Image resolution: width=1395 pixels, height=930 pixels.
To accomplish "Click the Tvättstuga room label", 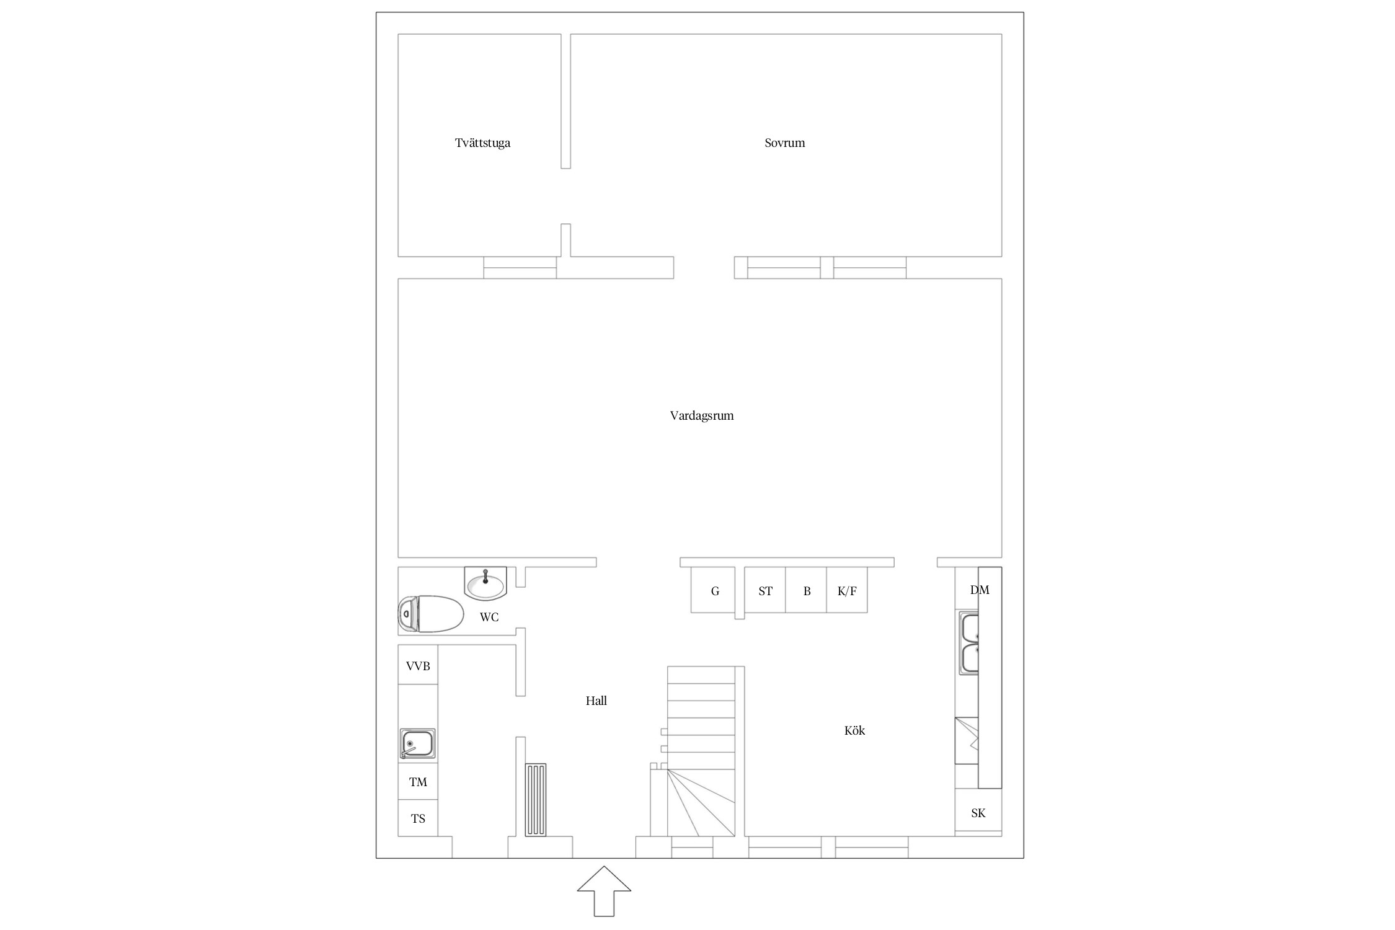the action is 482,143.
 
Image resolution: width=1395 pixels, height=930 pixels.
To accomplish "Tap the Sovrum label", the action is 784,143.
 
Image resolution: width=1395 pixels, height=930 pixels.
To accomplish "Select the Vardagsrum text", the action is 702,416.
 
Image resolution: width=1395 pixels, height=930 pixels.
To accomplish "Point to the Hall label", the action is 596,701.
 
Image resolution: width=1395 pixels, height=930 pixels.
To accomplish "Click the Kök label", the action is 854,730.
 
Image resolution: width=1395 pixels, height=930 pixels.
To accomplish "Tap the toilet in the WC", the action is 431,614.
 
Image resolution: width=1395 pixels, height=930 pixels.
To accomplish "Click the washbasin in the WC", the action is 485,583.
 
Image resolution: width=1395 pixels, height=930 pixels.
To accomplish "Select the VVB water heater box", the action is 418,665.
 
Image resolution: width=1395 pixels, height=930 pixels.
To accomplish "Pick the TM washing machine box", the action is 418,781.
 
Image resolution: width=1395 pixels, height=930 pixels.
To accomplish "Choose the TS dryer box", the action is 418,818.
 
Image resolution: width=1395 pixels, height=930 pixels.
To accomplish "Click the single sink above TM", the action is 417,744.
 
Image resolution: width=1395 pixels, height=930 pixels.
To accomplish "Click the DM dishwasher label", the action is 980,590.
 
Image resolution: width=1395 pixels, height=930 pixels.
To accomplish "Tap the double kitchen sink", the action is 969,643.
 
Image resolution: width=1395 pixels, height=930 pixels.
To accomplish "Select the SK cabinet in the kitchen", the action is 978,812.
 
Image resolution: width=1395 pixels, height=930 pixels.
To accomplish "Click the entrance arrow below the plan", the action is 604,890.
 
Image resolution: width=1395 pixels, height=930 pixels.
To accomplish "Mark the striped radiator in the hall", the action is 536,800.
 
